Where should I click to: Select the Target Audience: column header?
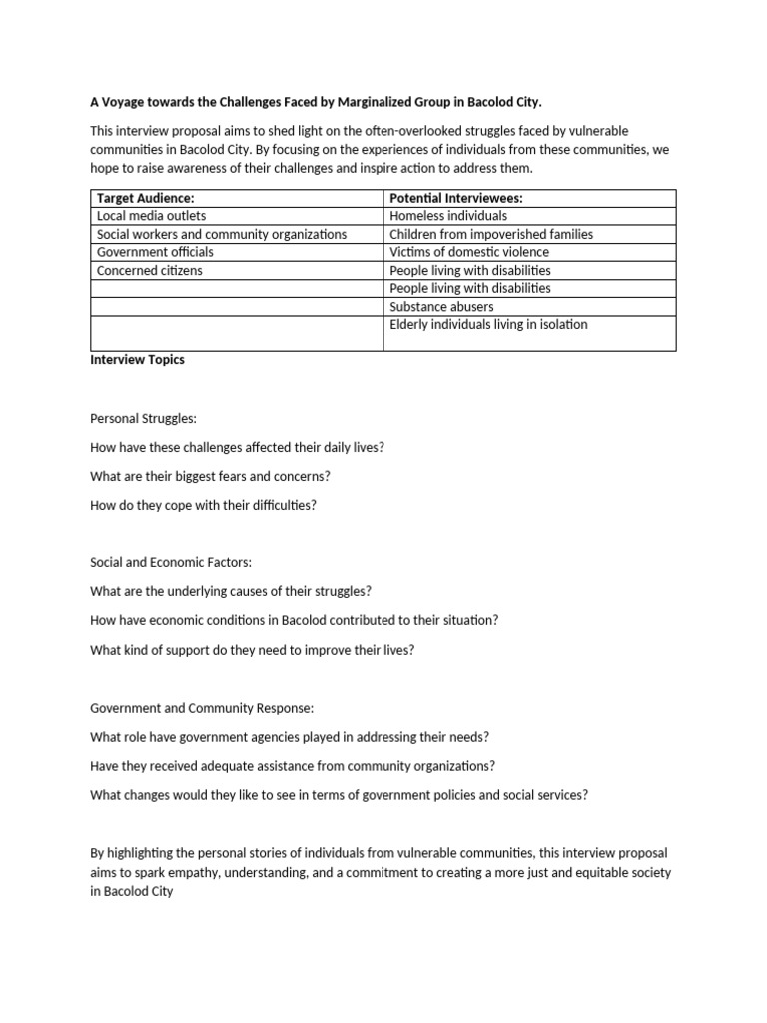(145, 198)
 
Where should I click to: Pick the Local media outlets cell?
(151, 215)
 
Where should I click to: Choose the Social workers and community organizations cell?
(221, 234)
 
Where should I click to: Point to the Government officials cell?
(154, 252)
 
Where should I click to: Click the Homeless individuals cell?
(448, 215)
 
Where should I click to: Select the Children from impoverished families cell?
(490, 234)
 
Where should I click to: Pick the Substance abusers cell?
(441, 307)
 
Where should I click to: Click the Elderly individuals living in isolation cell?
(488, 325)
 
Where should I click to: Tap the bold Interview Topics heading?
(137, 360)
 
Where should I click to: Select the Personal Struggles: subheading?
(143, 419)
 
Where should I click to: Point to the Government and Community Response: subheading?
(202, 708)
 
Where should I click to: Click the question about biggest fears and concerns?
(210, 476)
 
